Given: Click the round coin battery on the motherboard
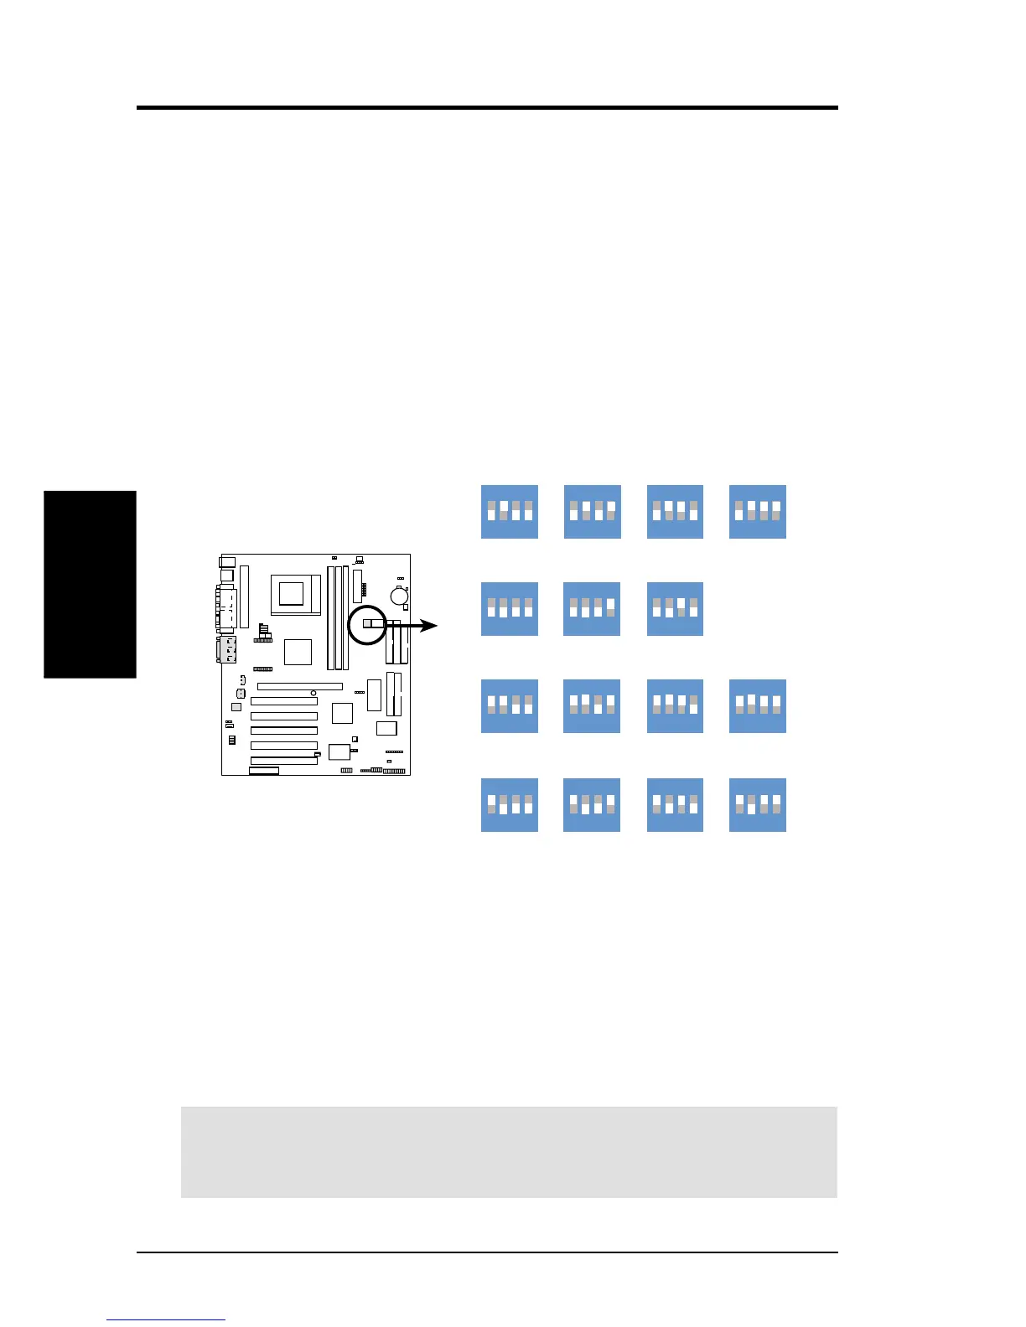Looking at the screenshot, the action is (398, 595).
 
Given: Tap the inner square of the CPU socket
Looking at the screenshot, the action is (291, 594).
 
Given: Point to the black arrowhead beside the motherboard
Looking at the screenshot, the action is (428, 626).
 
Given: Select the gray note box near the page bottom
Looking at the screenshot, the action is (509, 1152).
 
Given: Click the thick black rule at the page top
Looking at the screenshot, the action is (487, 108).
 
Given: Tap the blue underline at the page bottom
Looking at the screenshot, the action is (166, 1320).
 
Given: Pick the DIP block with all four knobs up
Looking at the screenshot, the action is (758, 706).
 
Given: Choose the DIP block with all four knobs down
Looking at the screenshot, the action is (509, 609).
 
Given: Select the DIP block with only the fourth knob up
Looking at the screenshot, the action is (592, 609).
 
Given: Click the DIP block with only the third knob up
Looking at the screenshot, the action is (675, 609).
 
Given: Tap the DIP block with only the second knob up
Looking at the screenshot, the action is (509, 512).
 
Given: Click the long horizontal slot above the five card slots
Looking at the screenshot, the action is (299, 686).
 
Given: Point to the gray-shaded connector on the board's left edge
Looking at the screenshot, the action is (227, 649).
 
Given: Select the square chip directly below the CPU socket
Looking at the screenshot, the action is (298, 652).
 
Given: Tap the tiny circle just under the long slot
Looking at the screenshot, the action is (313, 694).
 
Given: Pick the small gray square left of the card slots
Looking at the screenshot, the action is (236, 708).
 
